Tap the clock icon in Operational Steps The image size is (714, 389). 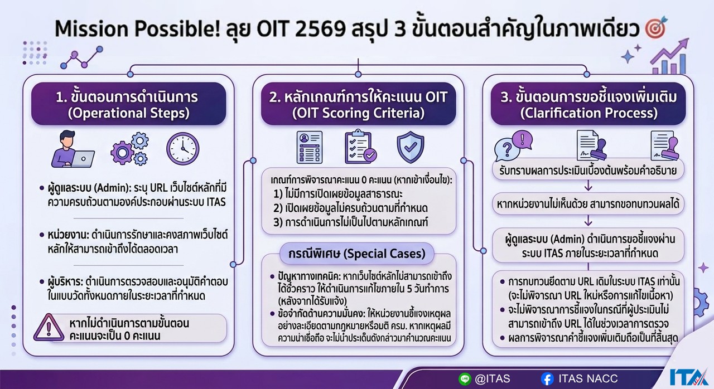[x=182, y=149]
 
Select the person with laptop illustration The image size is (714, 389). [x=73, y=149]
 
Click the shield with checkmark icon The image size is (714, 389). [x=411, y=147]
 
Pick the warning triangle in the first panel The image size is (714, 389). [x=49, y=327]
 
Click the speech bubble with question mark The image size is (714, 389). [x=507, y=149]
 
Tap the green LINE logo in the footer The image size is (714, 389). [x=465, y=379]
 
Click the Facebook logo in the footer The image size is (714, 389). [x=547, y=379]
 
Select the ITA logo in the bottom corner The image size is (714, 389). [x=689, y=377]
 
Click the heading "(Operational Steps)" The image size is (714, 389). [x=128, y=113]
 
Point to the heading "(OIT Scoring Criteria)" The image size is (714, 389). [x=358, y=113]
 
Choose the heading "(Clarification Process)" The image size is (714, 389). [x=588, y=113]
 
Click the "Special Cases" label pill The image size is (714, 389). [x=357, y=254]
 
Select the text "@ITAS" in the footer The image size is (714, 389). [x=492, y=379]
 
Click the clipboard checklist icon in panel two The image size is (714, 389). [x=360, y=147]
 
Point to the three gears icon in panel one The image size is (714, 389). [x=129, y=149]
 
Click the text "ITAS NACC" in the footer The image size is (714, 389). [x=588, y=379]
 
